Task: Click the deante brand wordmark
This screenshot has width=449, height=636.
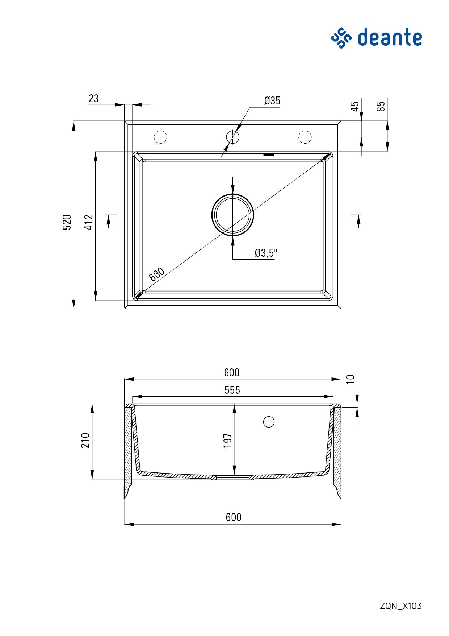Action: pos(390,38)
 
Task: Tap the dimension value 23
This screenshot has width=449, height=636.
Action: pos(93,99)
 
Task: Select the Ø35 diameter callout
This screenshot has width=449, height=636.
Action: pos(272,101)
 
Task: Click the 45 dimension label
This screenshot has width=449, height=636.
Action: pos(355,106)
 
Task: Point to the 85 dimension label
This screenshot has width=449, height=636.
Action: pos(381,106)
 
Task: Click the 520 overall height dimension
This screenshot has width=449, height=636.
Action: pos(67,222)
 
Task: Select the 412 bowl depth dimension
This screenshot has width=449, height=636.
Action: pos(89,222)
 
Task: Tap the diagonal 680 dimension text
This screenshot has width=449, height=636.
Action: pos(157,274)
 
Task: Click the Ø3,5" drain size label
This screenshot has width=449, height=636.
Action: pos(265,253)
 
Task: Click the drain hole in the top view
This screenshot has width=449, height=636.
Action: pos(232,215)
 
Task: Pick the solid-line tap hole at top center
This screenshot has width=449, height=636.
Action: pos(232,137)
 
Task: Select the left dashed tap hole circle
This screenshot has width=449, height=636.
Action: pos(160,137)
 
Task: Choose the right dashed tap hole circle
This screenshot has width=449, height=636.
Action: pos(305,137)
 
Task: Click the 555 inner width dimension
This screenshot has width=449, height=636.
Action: pos(232,390)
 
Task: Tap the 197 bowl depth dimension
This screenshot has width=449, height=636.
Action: pos(227,440)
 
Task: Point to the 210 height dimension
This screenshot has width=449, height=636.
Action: pos(85,440)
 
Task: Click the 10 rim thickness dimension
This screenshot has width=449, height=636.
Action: pos(350,379)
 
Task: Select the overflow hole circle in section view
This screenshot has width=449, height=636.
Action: pos(269,422)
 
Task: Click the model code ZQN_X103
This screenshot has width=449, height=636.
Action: pos(400,606)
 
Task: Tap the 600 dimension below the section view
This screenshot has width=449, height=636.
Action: pos(233,517)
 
